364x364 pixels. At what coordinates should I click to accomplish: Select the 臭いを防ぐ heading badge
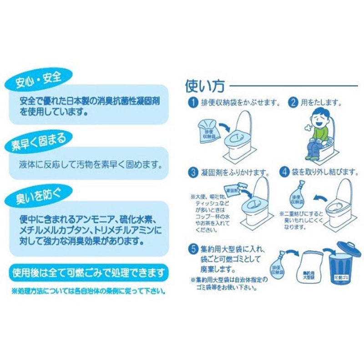tap(38, 196)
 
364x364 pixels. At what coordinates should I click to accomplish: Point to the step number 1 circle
tap(192, 103)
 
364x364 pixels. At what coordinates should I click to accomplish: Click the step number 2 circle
tap(293, 103)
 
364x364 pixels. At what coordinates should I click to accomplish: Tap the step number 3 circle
tap(192, 172)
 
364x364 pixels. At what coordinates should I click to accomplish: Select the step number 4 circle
tap(284, 172)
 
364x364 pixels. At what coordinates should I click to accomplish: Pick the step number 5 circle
tap(192, 249)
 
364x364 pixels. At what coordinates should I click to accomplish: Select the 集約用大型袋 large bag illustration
tap(309, 268)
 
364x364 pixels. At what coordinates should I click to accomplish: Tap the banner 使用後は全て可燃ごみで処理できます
tap(88, 273)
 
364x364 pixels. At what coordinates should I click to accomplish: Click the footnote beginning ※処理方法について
tap(88, 289)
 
